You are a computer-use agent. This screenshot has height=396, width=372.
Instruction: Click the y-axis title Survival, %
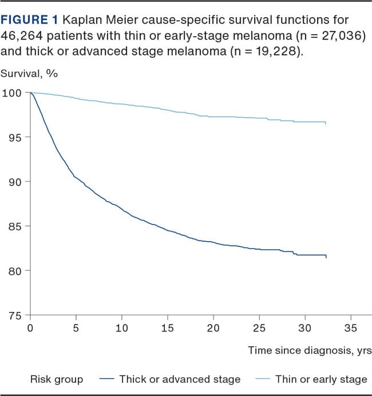29,73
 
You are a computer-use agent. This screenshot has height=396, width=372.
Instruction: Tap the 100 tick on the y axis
12,93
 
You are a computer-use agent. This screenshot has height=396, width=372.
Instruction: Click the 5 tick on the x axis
76,328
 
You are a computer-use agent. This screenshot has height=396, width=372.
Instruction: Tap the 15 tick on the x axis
167,328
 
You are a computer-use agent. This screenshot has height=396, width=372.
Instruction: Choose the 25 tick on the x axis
259,328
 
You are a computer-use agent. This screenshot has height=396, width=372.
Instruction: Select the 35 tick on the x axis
350,328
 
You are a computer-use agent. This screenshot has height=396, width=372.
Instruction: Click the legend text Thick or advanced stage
180,379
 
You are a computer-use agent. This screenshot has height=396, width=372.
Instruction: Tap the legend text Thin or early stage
321,379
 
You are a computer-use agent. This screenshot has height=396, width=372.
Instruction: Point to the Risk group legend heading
56,379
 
